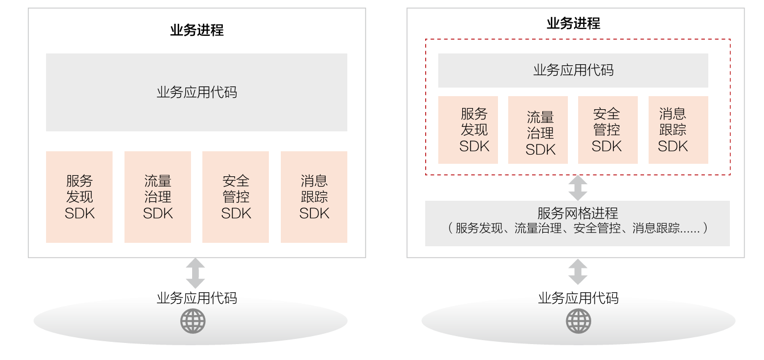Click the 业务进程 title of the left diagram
pos(197,30)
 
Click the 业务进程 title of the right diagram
pos(574,23)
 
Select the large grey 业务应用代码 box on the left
pos(197,92)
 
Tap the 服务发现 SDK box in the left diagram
pos(79,197)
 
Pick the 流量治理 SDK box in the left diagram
pos(157,197)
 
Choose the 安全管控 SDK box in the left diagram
pos(235,197)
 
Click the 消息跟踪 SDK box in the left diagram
pos(314,197)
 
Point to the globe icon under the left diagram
pos(193,321)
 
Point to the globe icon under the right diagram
pos(578,321)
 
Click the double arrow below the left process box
pos(195,273)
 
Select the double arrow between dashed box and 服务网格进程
pos(578,188)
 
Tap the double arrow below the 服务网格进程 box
pos(578,272)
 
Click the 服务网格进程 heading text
pos(578,213)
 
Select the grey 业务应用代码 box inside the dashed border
pos(573,71)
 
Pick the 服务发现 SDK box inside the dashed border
pos(468,130)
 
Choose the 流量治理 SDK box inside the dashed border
pos(538,130)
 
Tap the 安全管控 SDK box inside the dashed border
pos(608,130)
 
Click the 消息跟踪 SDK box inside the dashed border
pos(678,130)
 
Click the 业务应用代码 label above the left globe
pos(197,297)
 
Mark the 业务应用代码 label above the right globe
pos(578,297)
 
